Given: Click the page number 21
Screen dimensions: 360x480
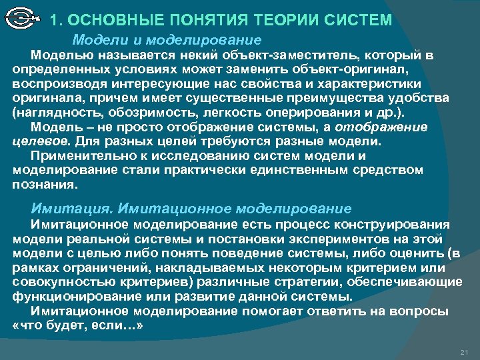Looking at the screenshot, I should pos(465,351).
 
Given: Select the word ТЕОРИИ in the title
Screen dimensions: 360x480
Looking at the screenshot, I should pos(284,21).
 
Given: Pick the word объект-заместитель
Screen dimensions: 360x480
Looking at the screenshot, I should pos(246,53).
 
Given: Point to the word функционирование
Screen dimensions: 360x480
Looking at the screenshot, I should pos(66,297).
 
